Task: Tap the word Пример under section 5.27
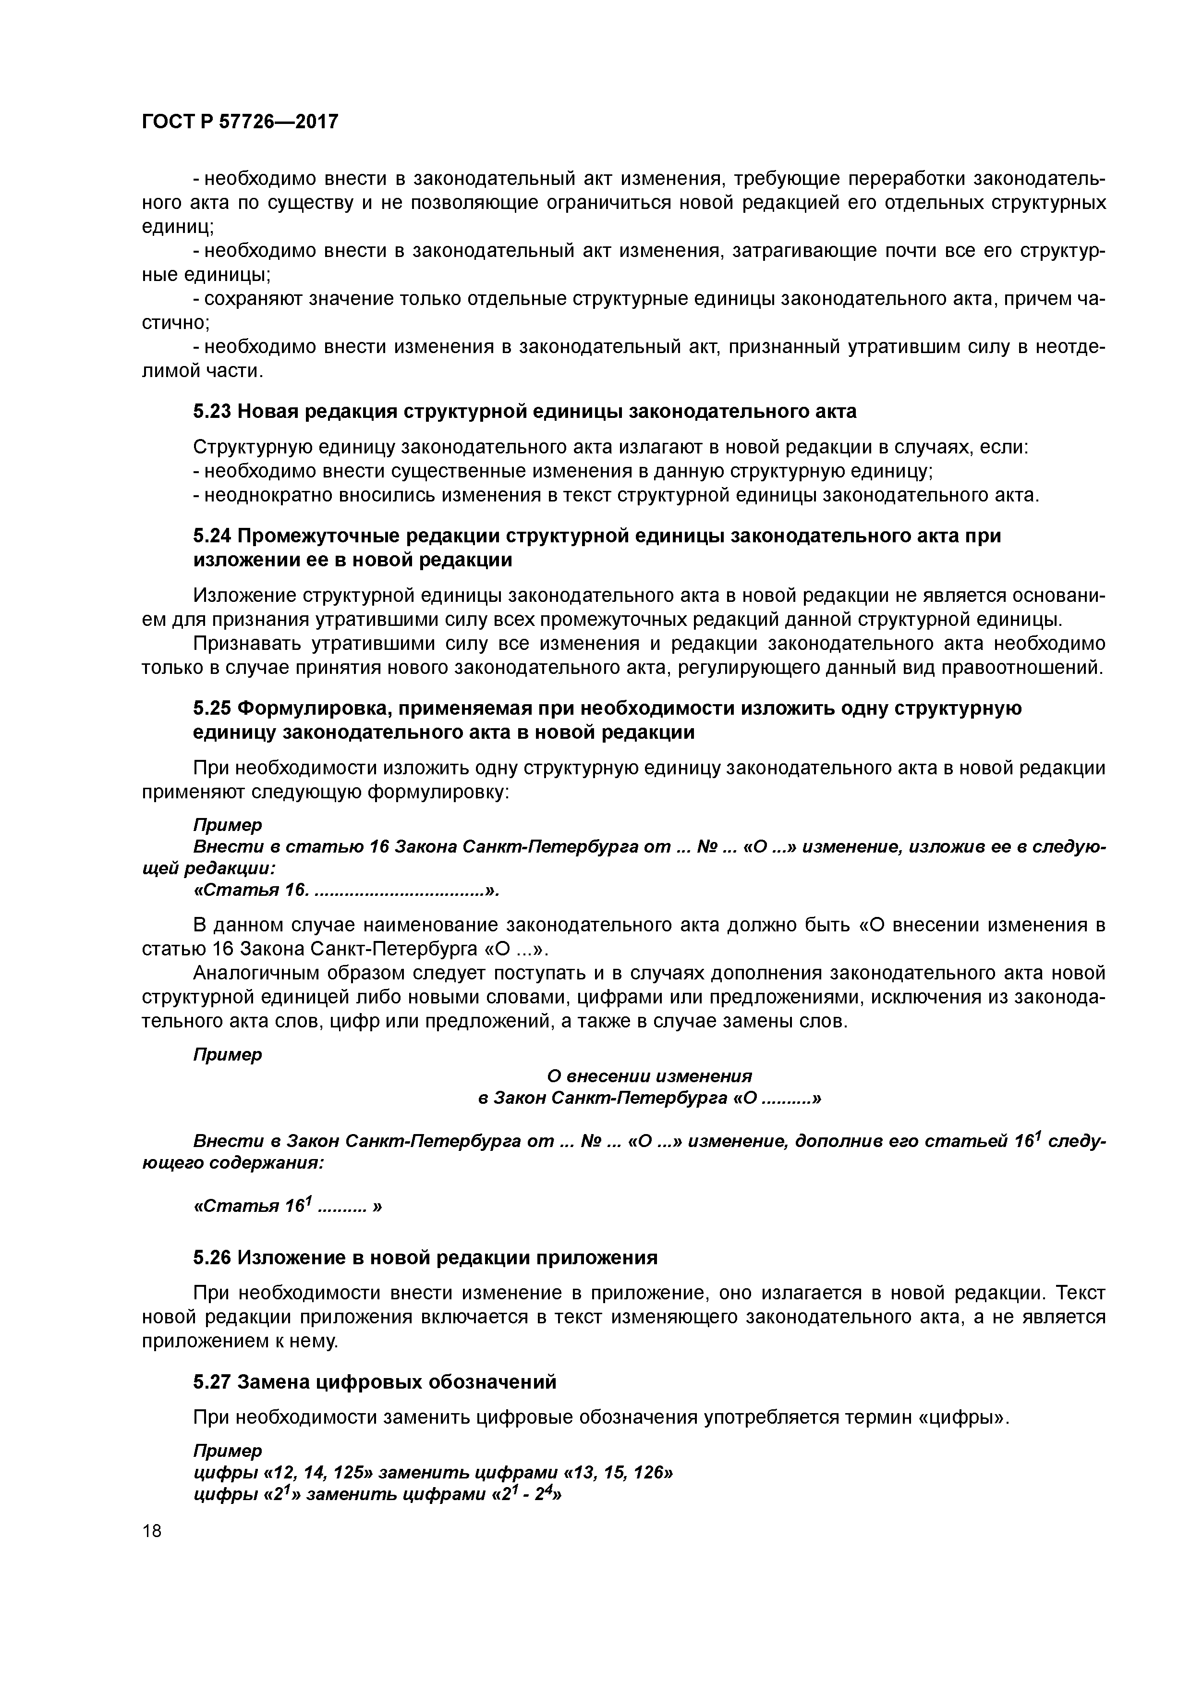point(228,1451)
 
